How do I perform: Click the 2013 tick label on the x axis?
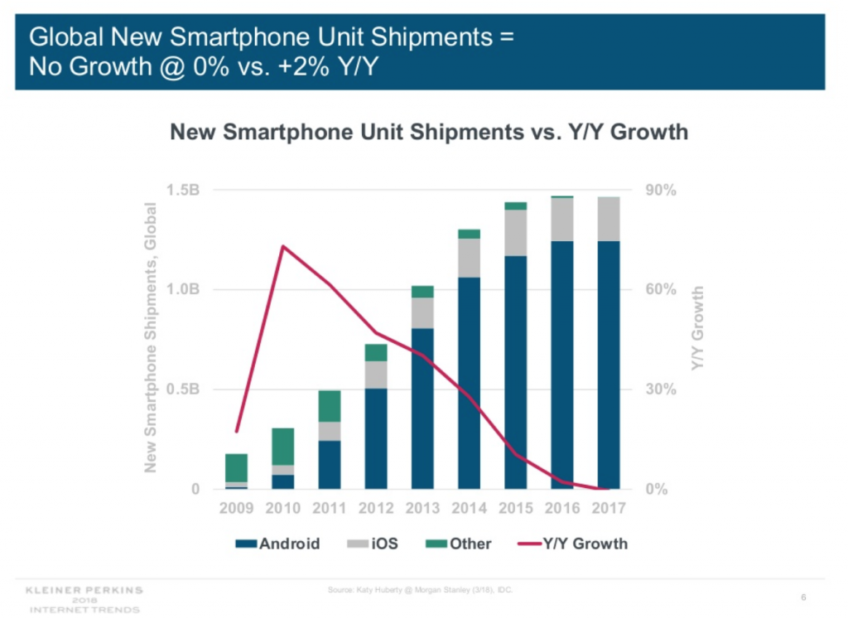422,508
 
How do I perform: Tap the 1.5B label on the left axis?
183,191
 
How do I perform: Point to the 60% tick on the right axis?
662,290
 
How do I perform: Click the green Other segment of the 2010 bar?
283,447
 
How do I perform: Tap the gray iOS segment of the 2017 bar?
608,219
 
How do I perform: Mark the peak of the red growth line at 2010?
283,246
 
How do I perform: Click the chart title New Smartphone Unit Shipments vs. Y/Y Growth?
428,132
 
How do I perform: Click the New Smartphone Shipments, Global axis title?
151,337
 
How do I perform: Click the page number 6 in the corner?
804,597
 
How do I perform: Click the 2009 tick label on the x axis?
237,508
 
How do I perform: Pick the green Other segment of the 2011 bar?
330,406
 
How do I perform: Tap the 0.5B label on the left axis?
183,389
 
